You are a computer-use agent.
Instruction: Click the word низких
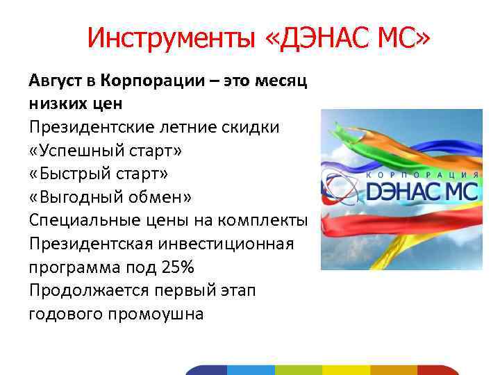pyautogui.click(x=59, y=104)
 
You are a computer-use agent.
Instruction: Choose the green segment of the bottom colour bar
pyautogui.click(x=298, y=369)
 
